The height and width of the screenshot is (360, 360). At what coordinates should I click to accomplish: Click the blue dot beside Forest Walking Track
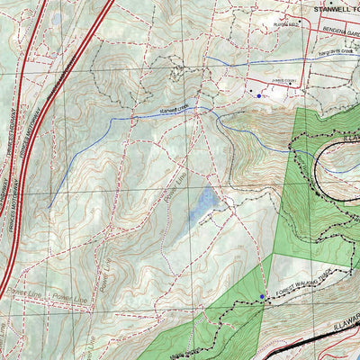click(x=262, y=296)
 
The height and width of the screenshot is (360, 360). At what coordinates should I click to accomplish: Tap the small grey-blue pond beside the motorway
click(x=56, y=18)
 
